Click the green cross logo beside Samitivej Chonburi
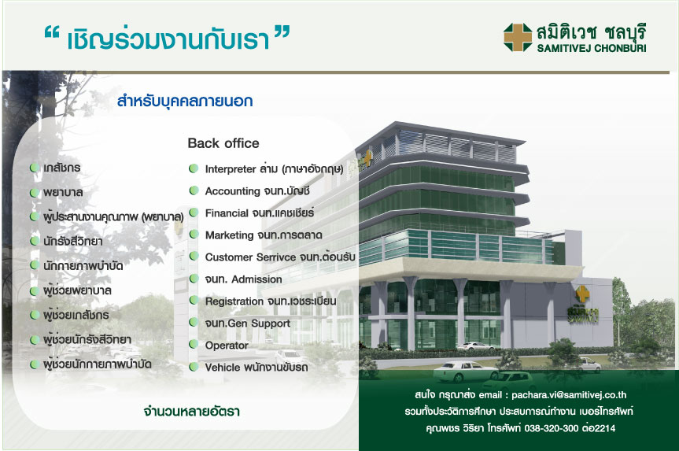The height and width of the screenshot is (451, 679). tap(518, 37)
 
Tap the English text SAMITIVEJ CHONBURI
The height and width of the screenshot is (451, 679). tap(592, 48)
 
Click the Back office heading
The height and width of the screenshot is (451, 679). tap(223, 143)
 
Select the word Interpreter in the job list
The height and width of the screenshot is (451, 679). tap(231, 169)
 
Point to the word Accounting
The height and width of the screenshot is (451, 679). tap(233, 191)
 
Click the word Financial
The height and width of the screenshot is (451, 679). tap(227, 213)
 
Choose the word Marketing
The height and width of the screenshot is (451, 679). tap(230, 235)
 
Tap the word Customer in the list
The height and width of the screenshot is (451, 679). tap(229, 257)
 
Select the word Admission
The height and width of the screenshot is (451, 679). tap(256, 279)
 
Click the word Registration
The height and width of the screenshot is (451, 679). tap(234, 301)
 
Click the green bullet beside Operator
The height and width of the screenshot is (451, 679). tap(194, 345)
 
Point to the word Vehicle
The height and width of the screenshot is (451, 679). tap(222, 368)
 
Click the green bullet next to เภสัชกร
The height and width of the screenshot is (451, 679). tap(35, 167)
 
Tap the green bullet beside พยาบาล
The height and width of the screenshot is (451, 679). tap(35, 192)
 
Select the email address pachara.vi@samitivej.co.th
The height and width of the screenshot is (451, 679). tap(569, 394)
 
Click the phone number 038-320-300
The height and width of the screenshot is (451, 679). tap(552, 428)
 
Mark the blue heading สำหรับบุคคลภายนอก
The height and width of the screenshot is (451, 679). tap(185, 102)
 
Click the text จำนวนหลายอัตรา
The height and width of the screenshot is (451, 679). tap(192, 411)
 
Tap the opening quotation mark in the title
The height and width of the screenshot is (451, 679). tap(51, 34)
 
